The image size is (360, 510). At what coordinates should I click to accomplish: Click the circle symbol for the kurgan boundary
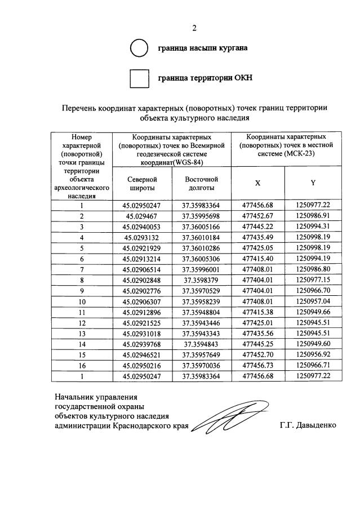(139, 48)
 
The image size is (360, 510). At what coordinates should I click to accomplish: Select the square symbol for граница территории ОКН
(139, 78)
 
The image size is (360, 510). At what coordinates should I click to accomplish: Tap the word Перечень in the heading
(81, 108)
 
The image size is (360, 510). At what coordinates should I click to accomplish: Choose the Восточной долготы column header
(201, 183)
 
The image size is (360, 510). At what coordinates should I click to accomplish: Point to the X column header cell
(257, 183)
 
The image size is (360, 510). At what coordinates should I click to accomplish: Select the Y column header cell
(313, 183)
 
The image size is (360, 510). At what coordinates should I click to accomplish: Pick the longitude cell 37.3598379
(201, 280)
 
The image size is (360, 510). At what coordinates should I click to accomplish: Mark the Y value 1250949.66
(313, 312)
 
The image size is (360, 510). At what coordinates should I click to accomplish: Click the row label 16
(82, 366)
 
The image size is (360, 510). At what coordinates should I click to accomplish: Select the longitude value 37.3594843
(201, 344)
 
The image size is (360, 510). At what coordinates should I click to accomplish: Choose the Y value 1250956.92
(313, 355)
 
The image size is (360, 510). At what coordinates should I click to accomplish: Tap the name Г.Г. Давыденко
(308, 425)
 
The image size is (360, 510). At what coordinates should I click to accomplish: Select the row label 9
(82, 291)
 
